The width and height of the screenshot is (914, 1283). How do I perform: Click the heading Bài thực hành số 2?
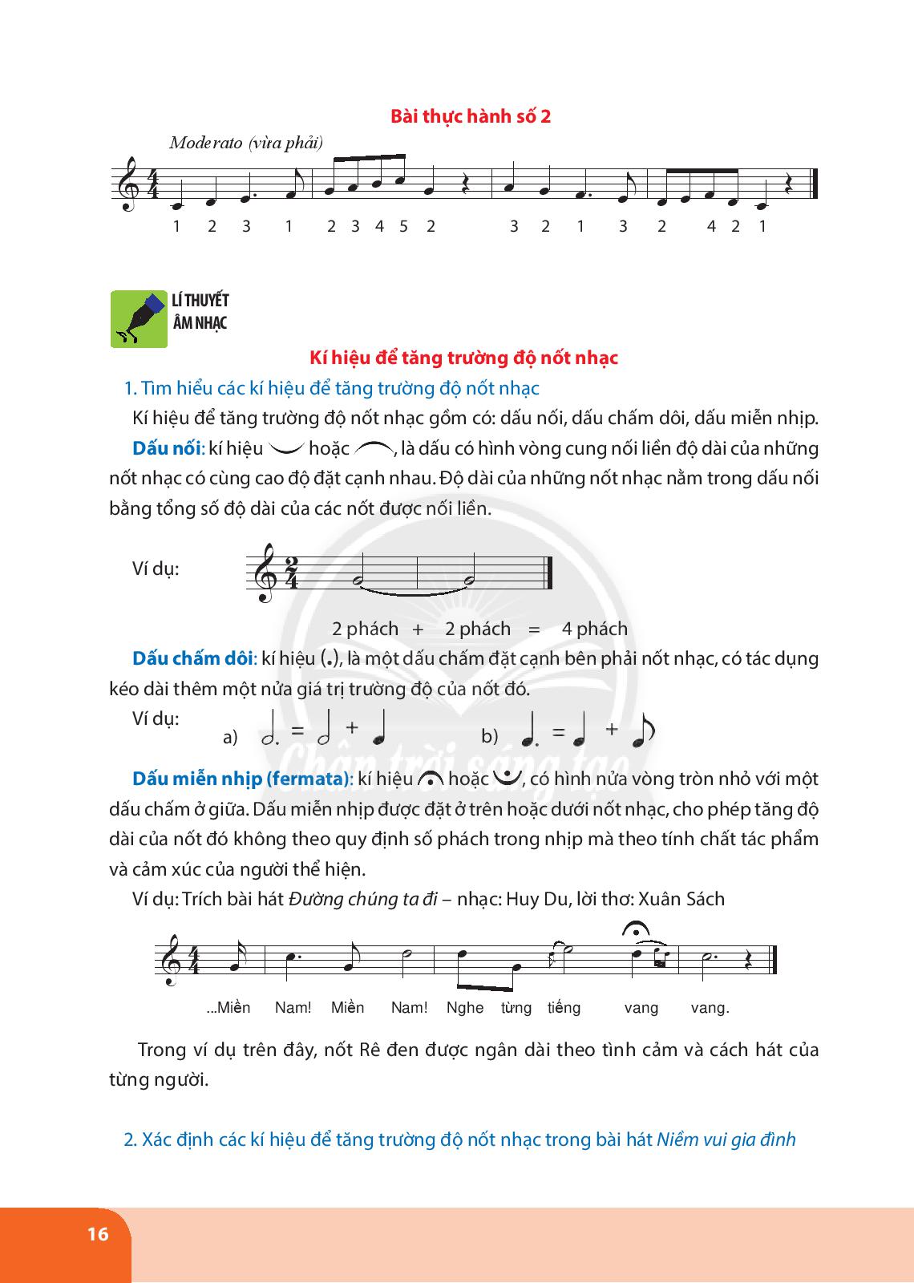[471, 116]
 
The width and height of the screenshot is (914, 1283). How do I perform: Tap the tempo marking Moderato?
[208, 143]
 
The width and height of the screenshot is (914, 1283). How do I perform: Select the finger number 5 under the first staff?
[403, 226]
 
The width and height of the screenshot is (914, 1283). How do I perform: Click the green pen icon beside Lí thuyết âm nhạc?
[139, 318]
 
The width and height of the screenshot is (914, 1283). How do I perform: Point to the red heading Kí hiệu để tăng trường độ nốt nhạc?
[463, 358]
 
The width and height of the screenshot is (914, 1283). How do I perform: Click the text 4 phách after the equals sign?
[594, 629]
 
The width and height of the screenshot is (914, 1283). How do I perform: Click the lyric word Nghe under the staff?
[465, 1008]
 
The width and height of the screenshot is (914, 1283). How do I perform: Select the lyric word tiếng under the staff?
[564, 1008]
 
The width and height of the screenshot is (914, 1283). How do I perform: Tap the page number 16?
[98, 1234]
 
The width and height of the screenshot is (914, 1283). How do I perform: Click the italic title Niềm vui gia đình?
[726, 1139]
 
